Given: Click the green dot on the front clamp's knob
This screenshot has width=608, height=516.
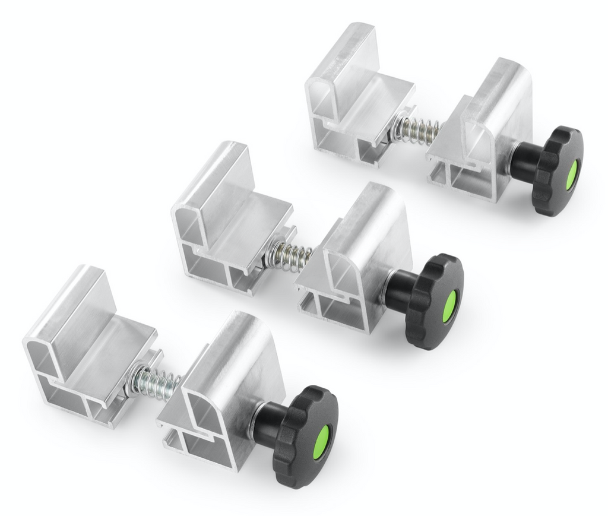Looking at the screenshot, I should (320, 442).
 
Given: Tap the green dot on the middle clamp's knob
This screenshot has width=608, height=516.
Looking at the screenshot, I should (449, 306).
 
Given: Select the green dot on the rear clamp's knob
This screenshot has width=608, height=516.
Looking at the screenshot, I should (571, 175).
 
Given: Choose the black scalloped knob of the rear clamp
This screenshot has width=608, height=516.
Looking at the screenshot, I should (556, 171).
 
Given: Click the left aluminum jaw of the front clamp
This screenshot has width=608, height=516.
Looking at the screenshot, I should (89, 350).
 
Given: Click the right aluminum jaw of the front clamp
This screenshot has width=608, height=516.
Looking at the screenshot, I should (226, 392).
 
